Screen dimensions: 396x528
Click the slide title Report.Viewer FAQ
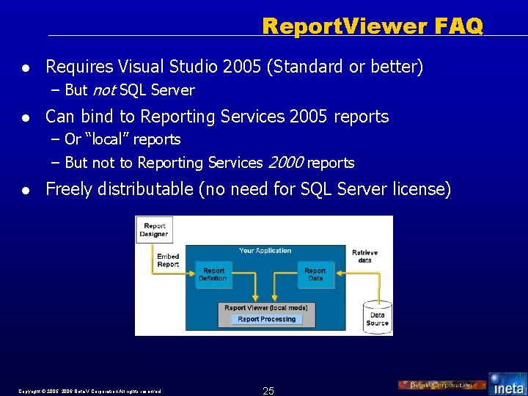[373, 26]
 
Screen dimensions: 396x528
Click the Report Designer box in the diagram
[155, 230]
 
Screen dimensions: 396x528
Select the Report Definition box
[214, 274]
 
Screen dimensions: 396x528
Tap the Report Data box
[315, 274]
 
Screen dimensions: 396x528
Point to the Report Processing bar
[267, 319]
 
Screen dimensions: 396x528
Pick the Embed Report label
[168, 260]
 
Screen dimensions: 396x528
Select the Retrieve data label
[364, 256]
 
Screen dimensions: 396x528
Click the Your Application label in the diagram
[265, 251]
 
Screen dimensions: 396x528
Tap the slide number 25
[268, 391]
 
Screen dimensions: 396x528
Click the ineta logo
[507, 384]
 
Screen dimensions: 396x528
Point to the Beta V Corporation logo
[441, 385]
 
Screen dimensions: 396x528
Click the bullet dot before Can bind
[26, 117]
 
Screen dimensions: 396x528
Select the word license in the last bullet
[425, 189]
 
